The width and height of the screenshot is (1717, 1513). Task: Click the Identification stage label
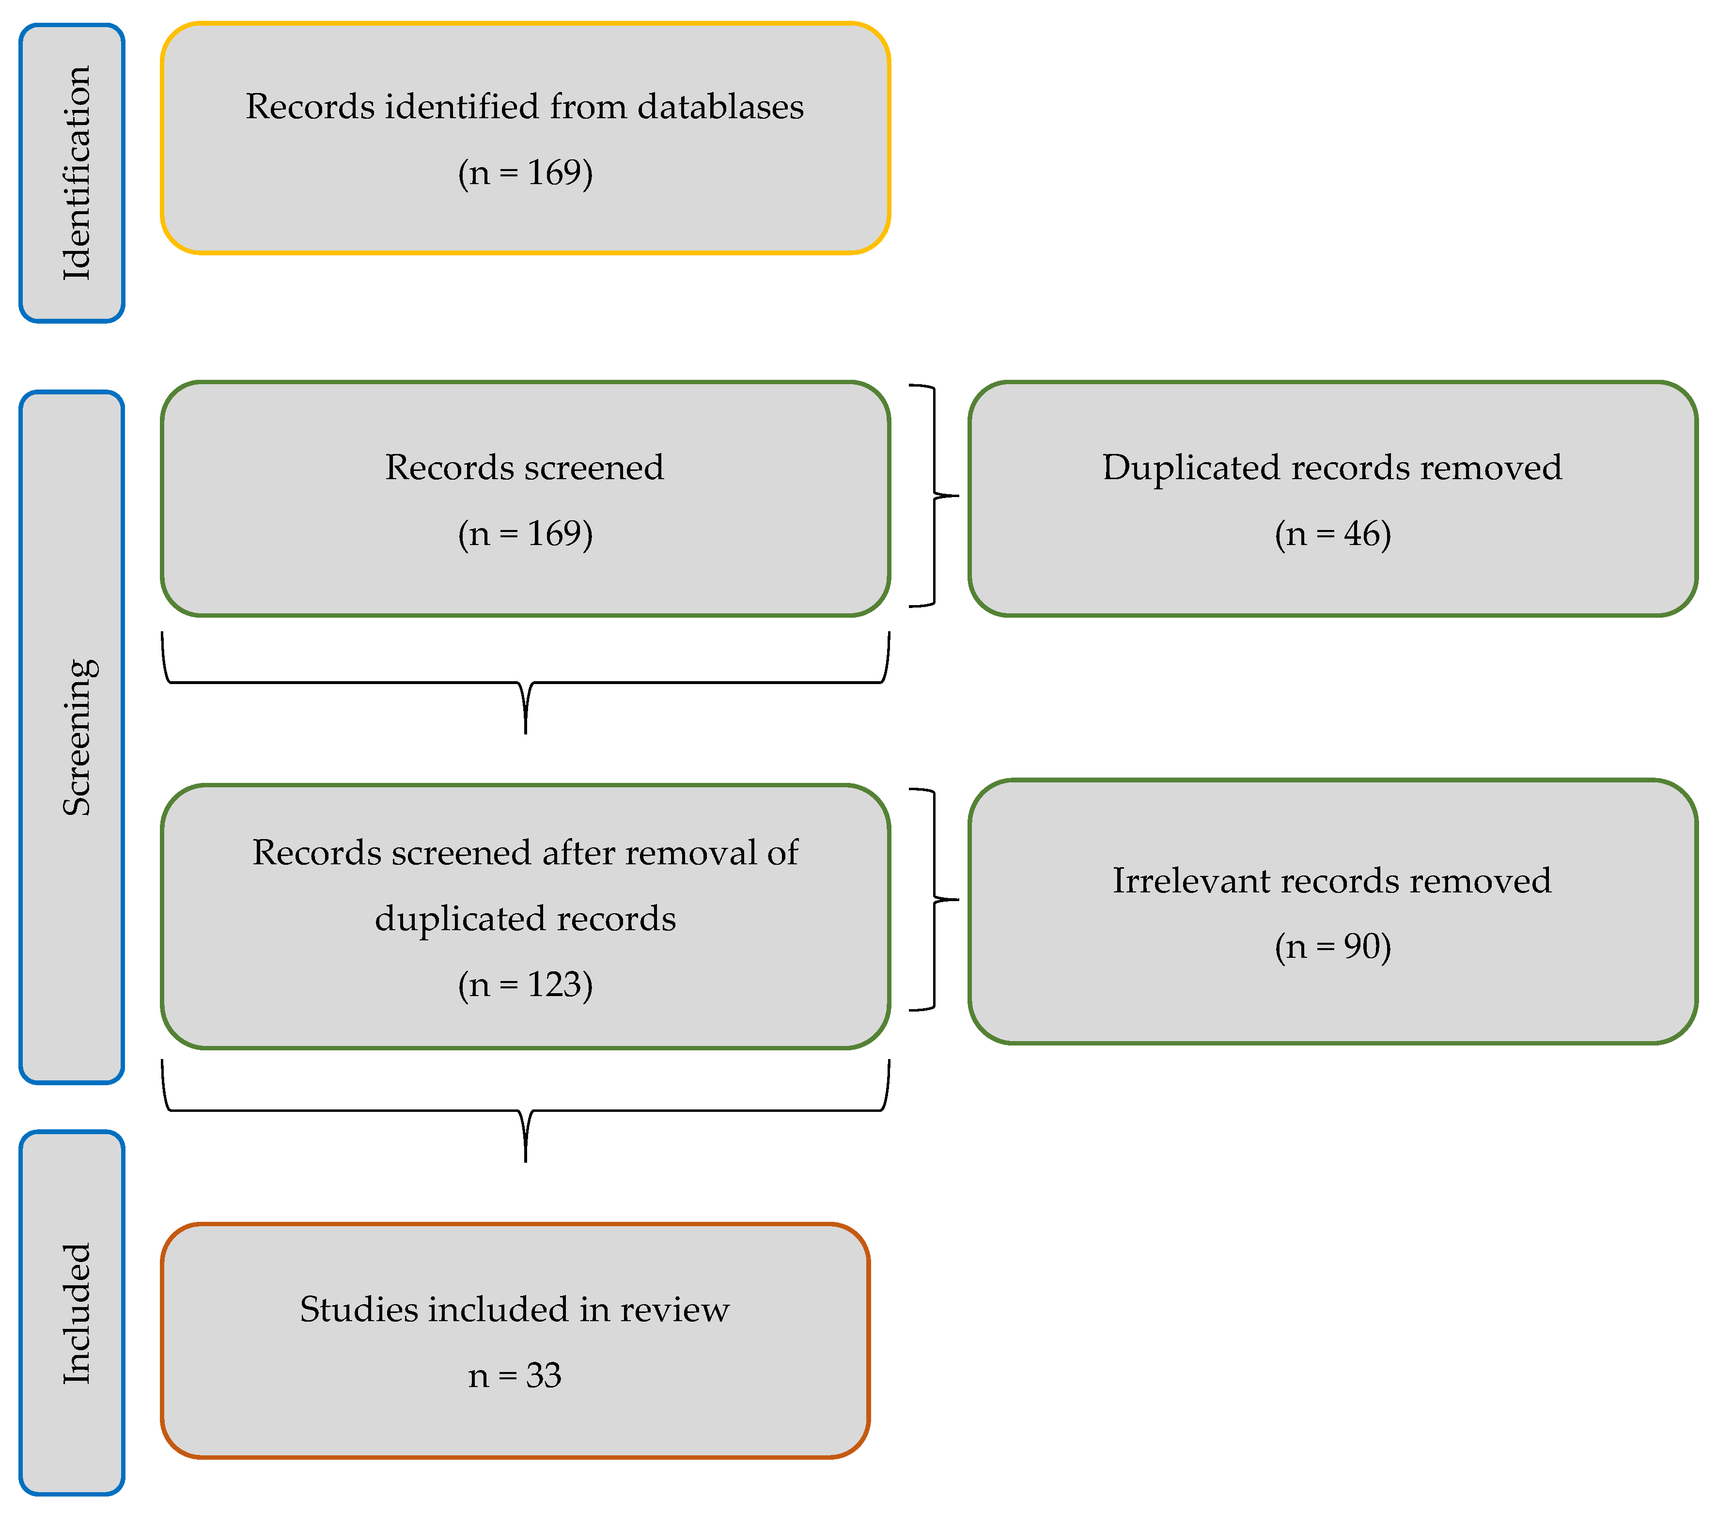coord(76,173)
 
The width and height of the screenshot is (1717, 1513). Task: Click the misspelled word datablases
coord(720,107)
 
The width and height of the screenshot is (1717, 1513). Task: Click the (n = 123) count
coord(525,984)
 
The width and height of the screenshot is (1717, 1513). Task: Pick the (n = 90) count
coord(1332,946)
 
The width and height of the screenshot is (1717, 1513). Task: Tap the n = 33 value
coord(514,1375)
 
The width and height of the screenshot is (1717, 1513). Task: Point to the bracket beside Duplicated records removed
coord(934,496)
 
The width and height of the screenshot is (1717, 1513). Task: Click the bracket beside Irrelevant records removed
coord(934,899)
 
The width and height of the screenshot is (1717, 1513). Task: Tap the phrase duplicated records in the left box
coord(525,918)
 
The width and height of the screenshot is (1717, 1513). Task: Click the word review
coord(674,1309)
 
